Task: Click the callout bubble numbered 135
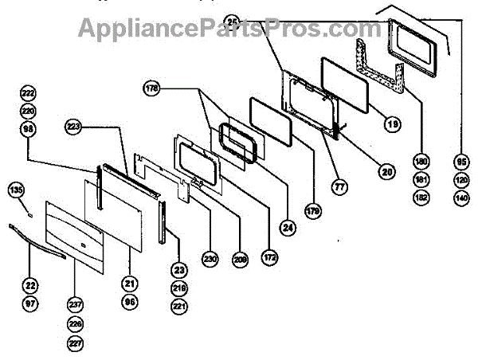pos(16,190)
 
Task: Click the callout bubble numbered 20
pos(387,170)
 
